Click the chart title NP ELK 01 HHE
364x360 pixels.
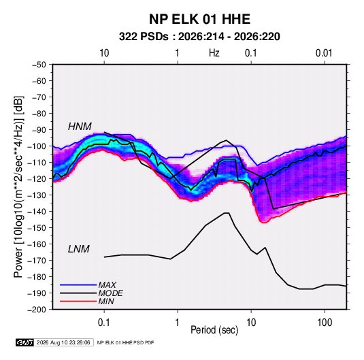point(199,19)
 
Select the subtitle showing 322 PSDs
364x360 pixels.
point(199,37)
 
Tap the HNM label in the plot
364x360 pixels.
point(80,127)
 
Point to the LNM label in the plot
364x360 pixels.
point(79,249)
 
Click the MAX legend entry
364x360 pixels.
point(107,284)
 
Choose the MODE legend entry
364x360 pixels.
point(110,293)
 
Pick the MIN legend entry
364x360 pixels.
point(106,301)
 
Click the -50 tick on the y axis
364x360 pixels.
point(39,65)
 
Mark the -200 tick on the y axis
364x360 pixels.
point(37,310)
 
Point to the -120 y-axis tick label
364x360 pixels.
point(37,179)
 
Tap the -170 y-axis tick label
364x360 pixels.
point(37,261)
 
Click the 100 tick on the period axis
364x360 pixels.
point(325,323)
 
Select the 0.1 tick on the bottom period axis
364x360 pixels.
point(104,323)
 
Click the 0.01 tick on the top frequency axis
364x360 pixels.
point(325,53)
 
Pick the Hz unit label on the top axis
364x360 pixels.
point(214,53)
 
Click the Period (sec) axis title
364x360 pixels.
point(214,330)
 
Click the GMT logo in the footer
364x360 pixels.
point(25,342)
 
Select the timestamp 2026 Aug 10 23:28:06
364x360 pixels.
point(63,342)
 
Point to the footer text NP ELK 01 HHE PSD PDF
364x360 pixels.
point(125,342)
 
